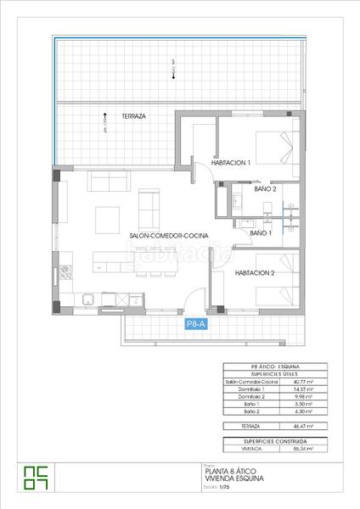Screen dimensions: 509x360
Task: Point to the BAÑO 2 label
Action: tap(264, 190)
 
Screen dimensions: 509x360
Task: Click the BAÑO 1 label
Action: tap(261, 232)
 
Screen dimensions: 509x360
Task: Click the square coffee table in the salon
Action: tap(107, 219)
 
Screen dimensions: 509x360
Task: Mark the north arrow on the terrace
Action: tap(104, 121)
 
